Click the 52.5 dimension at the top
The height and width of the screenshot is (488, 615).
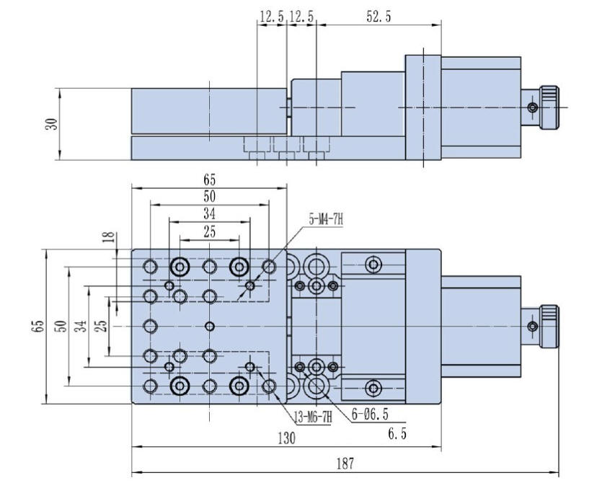[379, 17]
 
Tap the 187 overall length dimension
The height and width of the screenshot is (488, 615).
[345, 464]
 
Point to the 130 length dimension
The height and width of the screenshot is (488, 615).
[286, 438]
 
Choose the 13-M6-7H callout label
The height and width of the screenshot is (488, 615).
[311, 416]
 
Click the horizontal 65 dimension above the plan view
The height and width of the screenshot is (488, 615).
[209, 179]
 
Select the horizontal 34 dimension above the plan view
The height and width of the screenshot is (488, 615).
[209, 213]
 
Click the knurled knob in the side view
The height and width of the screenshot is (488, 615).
[550, 107]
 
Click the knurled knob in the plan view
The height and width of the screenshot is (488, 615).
[550, 327]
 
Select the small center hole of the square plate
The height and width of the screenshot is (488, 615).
[210, 327]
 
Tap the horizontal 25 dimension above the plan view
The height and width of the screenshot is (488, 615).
[209, 231]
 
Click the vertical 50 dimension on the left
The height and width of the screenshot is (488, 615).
[62, 327]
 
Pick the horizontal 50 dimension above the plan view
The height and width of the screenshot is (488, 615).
[209, 196]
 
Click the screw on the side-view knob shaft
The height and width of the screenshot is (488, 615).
[532, 108]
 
